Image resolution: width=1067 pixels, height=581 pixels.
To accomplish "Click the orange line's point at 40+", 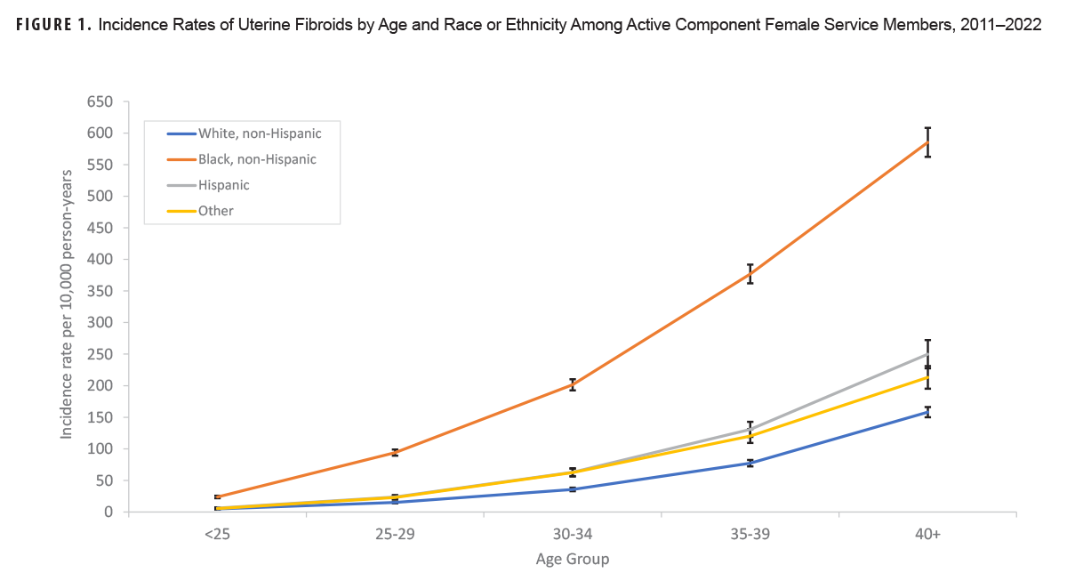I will click(927, 142).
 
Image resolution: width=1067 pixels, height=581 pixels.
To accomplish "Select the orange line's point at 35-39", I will click(750, 274).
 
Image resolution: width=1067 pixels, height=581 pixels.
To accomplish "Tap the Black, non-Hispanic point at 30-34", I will click(573, 384).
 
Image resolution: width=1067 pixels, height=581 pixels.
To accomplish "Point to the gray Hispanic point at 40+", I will click(927, 354).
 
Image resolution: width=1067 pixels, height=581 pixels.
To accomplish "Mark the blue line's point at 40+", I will click(927, 411).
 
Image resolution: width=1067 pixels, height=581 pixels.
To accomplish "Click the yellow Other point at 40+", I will click(927, 377).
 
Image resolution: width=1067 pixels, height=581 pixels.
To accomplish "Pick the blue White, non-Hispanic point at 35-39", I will click(750, 463).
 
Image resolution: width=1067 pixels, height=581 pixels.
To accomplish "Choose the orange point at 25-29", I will click(395, 452).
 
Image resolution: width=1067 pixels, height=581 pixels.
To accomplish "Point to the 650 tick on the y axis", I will click(100, 101).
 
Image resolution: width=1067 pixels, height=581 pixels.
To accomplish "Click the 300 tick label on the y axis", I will click(100, 323).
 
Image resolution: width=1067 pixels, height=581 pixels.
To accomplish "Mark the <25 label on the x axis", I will click(217, 535).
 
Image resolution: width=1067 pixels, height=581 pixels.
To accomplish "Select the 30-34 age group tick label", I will click(573, 535).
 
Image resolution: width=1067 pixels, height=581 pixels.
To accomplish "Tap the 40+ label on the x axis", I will click(927, 535).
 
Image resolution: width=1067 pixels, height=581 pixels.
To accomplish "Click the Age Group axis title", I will click(573, 560).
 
